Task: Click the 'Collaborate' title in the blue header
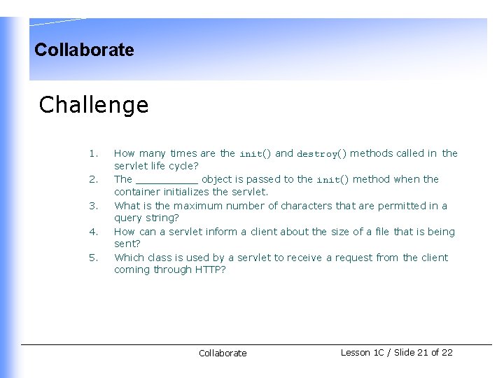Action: tap(84, 50)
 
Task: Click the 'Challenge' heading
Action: tap(94, 105)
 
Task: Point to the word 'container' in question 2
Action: tap(136, 192)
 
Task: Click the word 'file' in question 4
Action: tap(381, 232)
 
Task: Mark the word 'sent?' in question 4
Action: tap(127, 244)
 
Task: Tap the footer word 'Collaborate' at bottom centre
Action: tap(223, 353)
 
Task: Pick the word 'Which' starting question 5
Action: tap(128, 258)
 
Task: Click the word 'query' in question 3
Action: tap(128, 218)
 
